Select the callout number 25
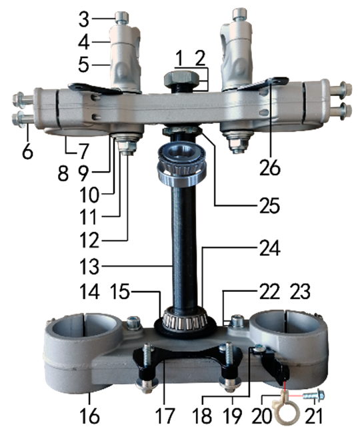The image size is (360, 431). click(x=269, y=205)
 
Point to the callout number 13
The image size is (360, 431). click(x=89, y=266)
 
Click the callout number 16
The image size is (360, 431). click(x=89, y=416)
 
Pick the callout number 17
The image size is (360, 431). click(x=165, y=416)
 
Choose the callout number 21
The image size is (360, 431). click(x=313, y=416)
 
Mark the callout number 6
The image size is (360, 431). click(x=27, y=151)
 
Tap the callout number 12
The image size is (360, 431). click(x=89, y=240)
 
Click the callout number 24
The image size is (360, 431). click(x=269, y=248)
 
